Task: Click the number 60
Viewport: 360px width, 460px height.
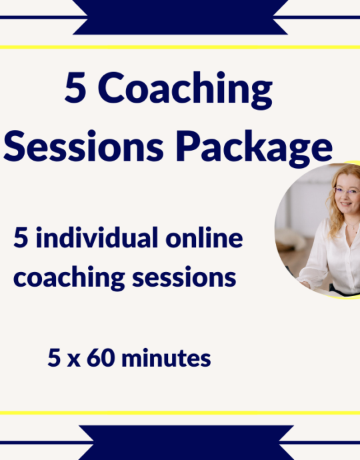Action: tap(105, 359)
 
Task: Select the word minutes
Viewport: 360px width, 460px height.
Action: tap(169, 359)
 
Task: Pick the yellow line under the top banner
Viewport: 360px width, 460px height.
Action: tap(179, 47)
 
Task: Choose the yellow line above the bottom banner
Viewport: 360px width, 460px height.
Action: tap(179, 413)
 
